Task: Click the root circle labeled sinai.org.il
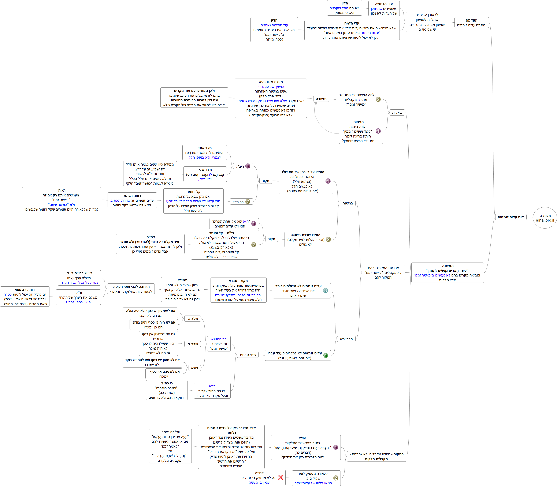point(545,218)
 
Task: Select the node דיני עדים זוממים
point(510,217)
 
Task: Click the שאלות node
point(397,113)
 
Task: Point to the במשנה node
point(348,203)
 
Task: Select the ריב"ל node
point(243,166)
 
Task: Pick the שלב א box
point(193,319)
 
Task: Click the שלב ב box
point(193,344)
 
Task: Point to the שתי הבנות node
point(248,355)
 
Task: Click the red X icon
point(281,478)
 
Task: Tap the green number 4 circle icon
point(326,355)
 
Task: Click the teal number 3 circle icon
point(326,290)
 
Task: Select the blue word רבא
point(212,386)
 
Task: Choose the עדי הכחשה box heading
point(384,4)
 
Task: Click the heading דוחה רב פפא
point(25,290)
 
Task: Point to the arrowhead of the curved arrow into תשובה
point(316,103)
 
